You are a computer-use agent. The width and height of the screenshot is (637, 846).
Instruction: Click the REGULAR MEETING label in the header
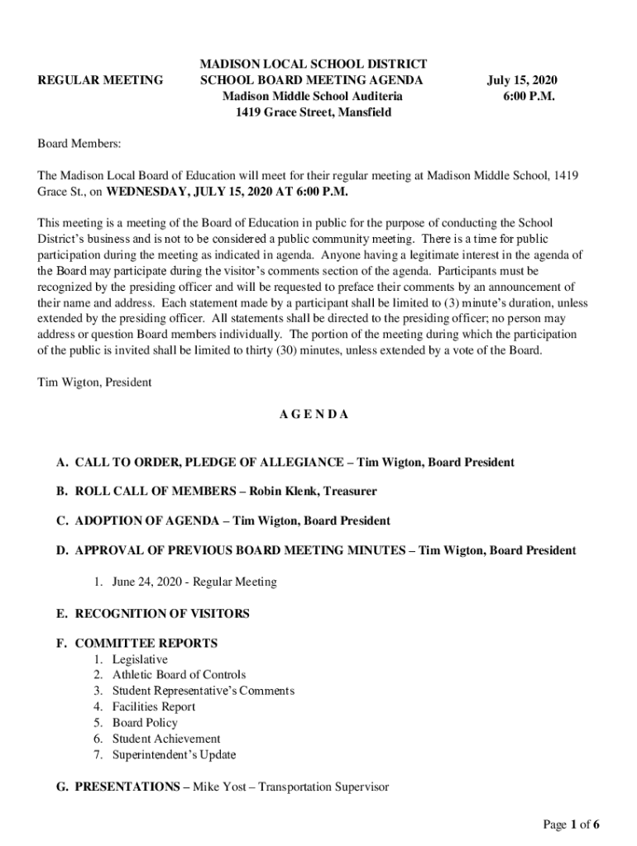pos(101,80)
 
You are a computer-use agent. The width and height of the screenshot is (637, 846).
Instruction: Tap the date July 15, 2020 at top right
pos(521,80)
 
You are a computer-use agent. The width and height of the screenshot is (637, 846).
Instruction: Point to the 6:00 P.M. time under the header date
pos(528,97)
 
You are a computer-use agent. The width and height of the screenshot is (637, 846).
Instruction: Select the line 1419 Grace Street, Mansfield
pos(313,112)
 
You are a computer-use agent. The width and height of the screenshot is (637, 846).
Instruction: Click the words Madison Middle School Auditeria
pos(313,97)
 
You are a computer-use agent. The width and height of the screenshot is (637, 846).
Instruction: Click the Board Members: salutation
pos(79,144)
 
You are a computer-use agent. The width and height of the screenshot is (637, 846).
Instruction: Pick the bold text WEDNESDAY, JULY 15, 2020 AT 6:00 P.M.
pos(227,192)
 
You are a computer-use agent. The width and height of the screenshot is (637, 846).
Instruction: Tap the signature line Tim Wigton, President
pos(95,383)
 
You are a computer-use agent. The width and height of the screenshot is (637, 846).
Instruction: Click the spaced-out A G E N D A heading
pos(313,415)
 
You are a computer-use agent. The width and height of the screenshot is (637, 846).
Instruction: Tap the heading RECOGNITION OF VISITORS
pos(162,614)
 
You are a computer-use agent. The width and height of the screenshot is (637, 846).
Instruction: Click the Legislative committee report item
pos(140,659)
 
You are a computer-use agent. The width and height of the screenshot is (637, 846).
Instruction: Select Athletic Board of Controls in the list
pos(179,675)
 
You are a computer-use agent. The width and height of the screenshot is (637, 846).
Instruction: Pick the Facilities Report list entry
pos(154,706)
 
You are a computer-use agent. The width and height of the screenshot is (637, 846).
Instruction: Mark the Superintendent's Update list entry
pos(174,754)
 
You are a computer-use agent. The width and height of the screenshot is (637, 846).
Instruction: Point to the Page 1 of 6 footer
pos(571,825)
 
